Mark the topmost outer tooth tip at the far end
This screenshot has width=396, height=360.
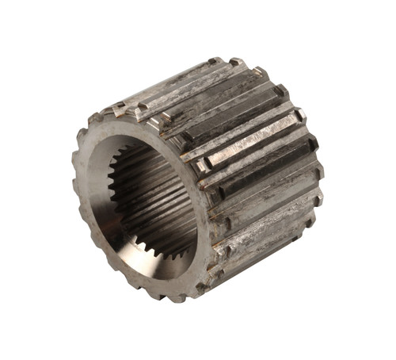pyautogui.click(x=215, y=61)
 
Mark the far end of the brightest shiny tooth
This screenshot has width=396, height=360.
pyautogui.click(x=299, y=116)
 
